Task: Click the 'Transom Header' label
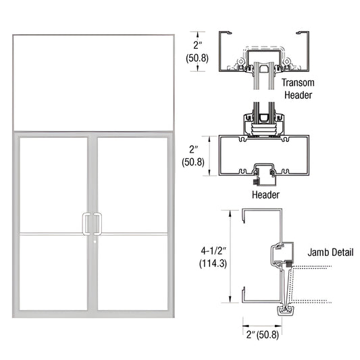click(298, 88)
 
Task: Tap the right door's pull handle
click(99, 224)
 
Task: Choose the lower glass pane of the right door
click(131, 273)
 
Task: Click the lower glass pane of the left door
click(53, 273)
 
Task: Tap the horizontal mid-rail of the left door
click(53, 234)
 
